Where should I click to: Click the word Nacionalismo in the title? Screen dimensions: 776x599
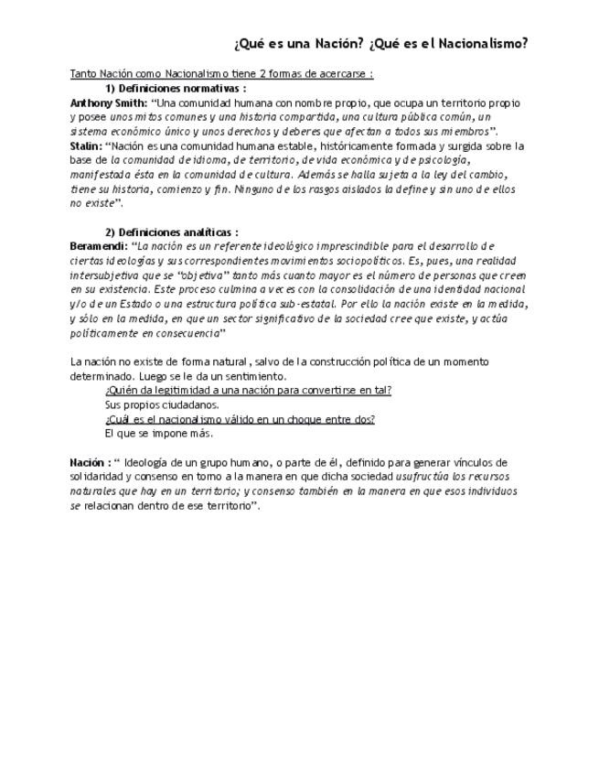click(x=484, y=43)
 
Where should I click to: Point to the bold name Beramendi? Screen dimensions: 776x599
click(x=99, y=246)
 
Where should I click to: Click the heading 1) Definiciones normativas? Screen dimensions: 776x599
click(x=176, y=89)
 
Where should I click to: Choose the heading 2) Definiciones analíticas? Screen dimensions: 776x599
click(x=172, y=232)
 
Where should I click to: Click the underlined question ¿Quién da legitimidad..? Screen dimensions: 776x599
click(x=248, y=390)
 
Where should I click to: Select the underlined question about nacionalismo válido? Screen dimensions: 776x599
click(x=240, y=419)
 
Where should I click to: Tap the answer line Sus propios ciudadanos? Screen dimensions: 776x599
click(x=162, y=404)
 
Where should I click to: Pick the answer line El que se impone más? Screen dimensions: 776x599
click(x=158, y=433)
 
